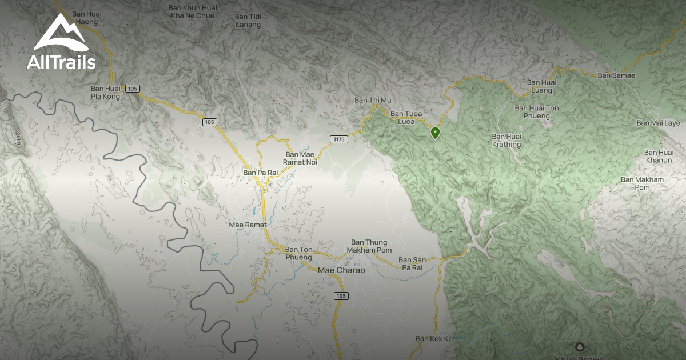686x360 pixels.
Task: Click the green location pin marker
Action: click(436, 133)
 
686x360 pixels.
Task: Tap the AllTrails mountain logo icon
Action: click(61, 34)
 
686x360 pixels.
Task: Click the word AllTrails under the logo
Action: click(61, 62)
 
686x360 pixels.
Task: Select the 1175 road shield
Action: click(339, 139)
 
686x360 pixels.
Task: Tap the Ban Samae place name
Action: click(616, 75)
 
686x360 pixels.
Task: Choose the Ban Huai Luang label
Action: click(540, 86)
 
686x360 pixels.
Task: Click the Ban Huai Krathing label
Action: click(506, 141)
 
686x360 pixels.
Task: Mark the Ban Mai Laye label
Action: click(659, 123)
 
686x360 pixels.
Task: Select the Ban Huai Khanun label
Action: click(659, 156)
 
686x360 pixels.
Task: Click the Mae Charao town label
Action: click(341, 270)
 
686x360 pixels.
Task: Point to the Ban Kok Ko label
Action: click(434, 339)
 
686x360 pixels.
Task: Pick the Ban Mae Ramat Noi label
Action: click(301, 158)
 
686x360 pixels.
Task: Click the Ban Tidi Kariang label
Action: click(248, 21)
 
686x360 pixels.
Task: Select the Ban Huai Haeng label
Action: click(86, 17)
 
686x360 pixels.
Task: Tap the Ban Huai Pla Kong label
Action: click(106, 93)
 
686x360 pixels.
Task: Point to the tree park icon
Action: click(580, 347)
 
